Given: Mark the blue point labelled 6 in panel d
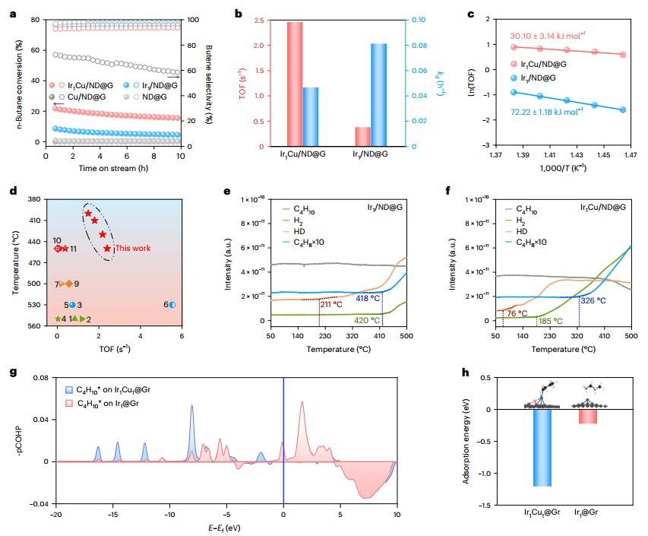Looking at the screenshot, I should point(172,304).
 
